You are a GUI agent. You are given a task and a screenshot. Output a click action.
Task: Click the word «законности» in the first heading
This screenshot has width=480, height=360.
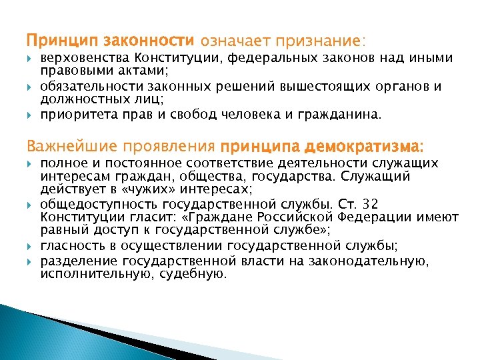(x=157, y=41)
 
